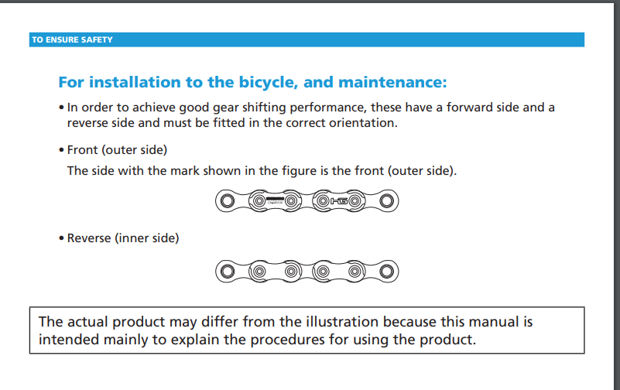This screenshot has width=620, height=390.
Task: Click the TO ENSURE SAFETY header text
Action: pos(72,40)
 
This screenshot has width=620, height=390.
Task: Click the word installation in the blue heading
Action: pos(135,82)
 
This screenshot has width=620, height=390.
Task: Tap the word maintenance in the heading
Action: pos(392,82)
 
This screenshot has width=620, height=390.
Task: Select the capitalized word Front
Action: pos(82,150)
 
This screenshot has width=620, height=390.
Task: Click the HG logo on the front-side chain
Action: pos(339,201)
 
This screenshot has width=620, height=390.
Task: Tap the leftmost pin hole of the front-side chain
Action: pos(228,201)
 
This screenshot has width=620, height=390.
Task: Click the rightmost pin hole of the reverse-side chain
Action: pos(386,272)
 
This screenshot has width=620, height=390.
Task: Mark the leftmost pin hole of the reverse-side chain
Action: pos(228,272)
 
